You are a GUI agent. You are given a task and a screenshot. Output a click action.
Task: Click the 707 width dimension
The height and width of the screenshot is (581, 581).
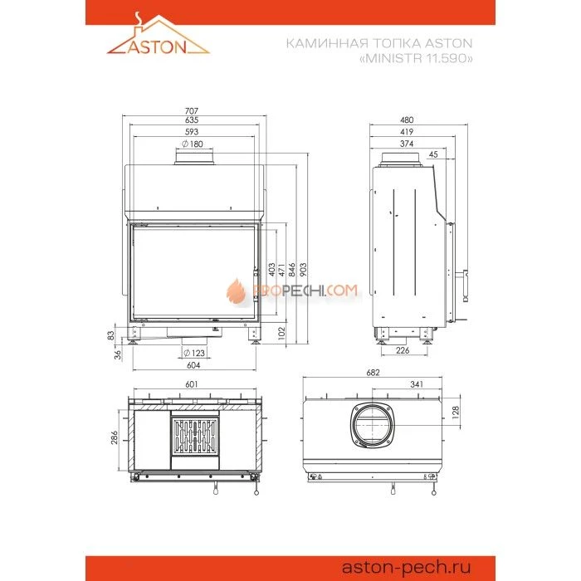tap(193, 110)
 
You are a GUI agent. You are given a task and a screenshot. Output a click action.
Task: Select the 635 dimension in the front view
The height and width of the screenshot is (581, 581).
tap(193, 121)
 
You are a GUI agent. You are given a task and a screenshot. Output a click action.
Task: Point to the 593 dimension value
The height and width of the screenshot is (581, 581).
tap(193, 132)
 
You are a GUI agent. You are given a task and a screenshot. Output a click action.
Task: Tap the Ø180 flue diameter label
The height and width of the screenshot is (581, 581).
tap(192, 144)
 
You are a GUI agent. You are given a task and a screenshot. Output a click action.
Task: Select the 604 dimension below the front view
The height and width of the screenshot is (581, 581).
tap(192, 366)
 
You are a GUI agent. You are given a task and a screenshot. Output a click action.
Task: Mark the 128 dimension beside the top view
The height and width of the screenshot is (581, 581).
tap(455, 411)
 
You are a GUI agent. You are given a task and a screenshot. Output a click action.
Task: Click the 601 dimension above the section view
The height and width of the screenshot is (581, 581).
tap(193, 384)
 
